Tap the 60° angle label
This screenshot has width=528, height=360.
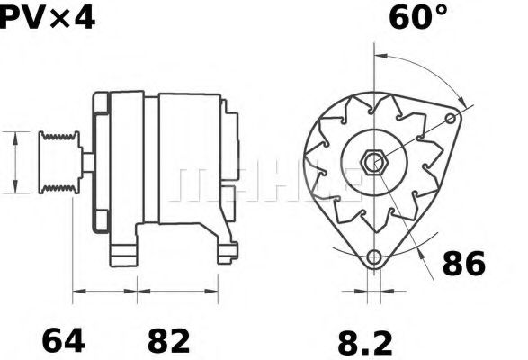pos(417,17)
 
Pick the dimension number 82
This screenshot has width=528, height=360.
pos(168,341)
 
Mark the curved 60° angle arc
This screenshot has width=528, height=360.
pos(423,70)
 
